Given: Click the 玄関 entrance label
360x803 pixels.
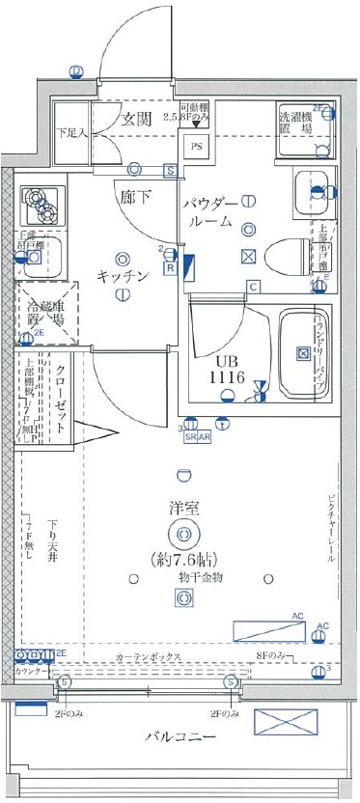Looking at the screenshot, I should [x=137, y=120].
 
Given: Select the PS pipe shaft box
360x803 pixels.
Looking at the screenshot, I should [x=196, y=148].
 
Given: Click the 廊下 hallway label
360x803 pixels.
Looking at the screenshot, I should [x=134, y=195].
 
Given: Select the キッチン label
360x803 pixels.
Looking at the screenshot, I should [x=122, y=277].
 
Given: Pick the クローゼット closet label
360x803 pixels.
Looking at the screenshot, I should [x=60, y=386].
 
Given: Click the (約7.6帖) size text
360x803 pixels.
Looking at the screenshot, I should [x=183, y=558].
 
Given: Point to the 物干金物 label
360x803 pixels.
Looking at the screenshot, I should [x=183, y=576].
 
